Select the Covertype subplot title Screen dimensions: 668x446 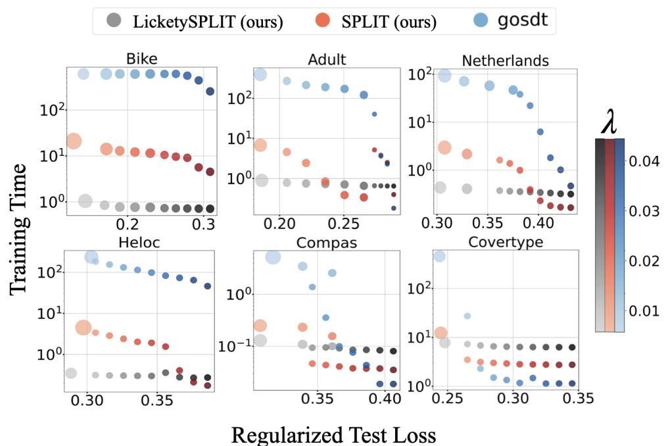[x=505, y=241]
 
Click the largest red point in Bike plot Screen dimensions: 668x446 [x=74, y=141]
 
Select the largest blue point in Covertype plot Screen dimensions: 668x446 [x=440, y=256]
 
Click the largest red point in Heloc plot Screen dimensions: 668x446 [x=83, y=328]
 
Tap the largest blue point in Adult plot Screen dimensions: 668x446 [x=260, y=75]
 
